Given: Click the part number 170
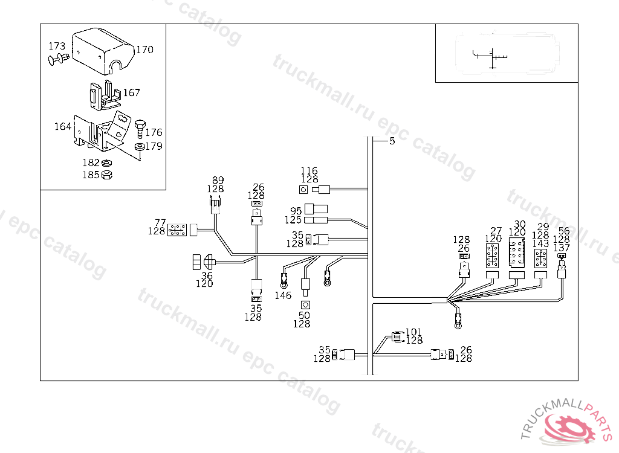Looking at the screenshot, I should pos(144,50).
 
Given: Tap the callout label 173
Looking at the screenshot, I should pos(57,46).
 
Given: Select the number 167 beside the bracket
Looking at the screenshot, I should pos(131,92).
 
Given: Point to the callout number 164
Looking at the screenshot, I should pos(63,126).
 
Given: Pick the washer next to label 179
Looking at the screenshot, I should pos(140,147).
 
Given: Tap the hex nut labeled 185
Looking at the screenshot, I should pos(107,175).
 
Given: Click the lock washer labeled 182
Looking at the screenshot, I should pos(107,163).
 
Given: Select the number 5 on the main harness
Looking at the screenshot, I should pos(392,141).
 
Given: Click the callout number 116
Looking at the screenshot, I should pos(309,171).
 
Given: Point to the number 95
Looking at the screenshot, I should pos(296,210).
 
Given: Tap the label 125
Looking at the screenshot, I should pos(294,220).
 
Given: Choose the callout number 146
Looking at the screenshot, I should pos(283,295).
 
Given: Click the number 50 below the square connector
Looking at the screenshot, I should pos(304,316).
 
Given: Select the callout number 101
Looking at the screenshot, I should pos(413,332).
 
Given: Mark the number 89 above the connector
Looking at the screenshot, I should pos(218,180).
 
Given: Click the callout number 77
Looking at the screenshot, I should pos(160,222).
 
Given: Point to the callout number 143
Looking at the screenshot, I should pos(540,243).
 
